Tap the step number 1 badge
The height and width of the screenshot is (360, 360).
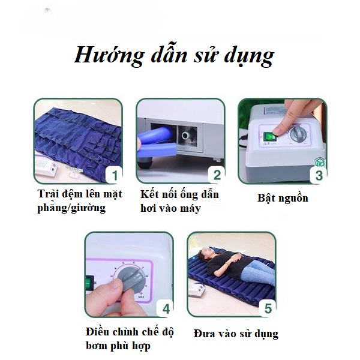coord(115,175)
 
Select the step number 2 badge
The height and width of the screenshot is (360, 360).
coord(217,175)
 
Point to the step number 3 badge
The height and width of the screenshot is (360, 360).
coord(319,175)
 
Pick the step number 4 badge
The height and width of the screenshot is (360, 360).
coord(166,309)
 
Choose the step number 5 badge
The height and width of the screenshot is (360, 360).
coord(268,309)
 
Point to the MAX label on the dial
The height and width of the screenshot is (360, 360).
coord(141,297)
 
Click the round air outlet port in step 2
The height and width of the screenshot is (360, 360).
coord(185,136)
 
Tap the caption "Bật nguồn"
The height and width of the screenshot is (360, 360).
coord(283,199)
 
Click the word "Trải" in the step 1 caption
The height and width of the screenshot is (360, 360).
coord(46,194)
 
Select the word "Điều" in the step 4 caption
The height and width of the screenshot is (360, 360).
coord(97,332)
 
